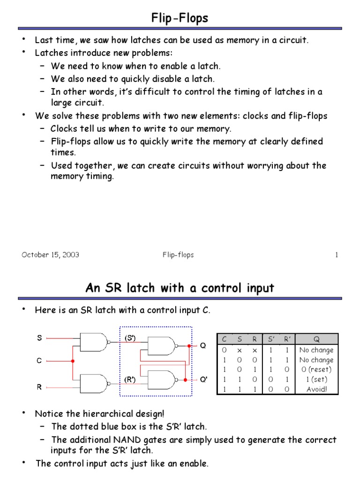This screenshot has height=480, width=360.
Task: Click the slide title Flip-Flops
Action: pos(180,18)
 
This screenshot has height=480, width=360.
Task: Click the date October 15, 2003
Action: pos(50,255)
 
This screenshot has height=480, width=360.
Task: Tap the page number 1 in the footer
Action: pos(336,255)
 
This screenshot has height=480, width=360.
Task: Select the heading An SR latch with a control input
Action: pos(180,288)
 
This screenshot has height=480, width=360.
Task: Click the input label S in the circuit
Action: pos(39,337)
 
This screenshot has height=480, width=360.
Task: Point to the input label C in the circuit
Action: pos(39,361)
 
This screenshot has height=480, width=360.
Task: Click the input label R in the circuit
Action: pos(39,387)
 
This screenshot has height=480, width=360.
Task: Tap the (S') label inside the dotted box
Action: pos(130,337)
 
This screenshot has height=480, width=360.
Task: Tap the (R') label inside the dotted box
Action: pos(130,379)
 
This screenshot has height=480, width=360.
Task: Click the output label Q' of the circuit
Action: pos(204,380)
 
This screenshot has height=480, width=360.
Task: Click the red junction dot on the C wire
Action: pos(73,361)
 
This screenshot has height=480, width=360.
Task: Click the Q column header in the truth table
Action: pos(316,339)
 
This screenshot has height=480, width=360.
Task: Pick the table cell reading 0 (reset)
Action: pos(316,369)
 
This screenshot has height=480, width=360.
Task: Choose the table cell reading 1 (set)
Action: pos(316,379)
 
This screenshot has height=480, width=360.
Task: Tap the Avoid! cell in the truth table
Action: pos(316,390)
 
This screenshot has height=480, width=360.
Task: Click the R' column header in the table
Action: pos(287,339)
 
